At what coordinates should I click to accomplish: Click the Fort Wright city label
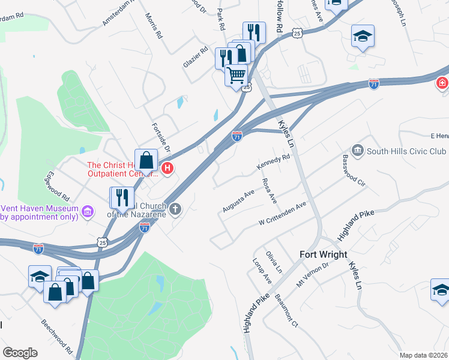coord(324,254)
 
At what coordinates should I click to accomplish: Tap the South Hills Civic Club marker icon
coord(358,149)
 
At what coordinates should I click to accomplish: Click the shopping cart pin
coord(237,76)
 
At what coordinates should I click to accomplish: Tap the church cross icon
coord(175,209)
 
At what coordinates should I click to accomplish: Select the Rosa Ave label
coord(268,190)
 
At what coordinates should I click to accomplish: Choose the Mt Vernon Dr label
coord(313,274)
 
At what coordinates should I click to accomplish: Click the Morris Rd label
coord(154,28)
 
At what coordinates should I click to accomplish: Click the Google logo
coord(20,353)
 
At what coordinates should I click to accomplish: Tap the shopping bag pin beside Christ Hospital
coord(146,161)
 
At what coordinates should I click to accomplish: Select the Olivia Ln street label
coord(274,262)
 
